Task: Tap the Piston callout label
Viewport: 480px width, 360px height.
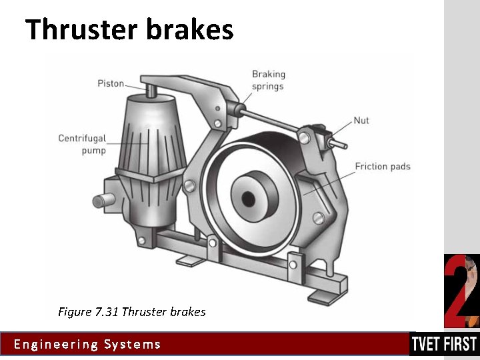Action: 111,83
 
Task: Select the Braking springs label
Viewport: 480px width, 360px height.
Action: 267,80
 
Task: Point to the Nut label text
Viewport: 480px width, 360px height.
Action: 361,121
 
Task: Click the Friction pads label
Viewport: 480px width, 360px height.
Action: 382,166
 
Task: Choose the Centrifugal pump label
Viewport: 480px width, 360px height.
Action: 82,145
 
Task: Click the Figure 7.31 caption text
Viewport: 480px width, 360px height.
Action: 131,311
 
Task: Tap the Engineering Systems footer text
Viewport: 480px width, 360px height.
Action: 87,344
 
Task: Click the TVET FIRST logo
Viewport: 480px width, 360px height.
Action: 444,344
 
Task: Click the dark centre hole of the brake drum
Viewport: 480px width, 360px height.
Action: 249,198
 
